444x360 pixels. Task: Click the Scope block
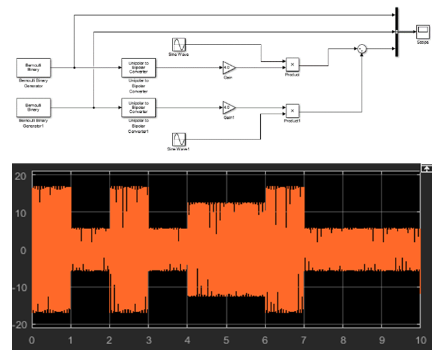click(422, 31)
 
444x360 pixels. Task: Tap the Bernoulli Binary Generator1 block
click(34, 106)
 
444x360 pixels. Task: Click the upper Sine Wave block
click(179, 44)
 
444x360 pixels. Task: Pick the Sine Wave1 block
click(179, 139)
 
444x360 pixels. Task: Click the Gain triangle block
click(228, 67)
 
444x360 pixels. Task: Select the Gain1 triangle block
click(228, 107)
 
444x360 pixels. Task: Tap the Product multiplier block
click(292, 64)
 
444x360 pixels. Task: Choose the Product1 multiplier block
click(292, 111)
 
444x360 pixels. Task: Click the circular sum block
click(361, 49)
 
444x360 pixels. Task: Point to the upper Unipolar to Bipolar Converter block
click(139, 67)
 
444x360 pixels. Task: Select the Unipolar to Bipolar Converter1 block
click(139, 106)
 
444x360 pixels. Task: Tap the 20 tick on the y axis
click(20, 177)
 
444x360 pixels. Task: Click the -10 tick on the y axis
click(18, 288)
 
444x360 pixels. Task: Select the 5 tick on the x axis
click(226, 341)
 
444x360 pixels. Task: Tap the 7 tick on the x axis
click(304, 341)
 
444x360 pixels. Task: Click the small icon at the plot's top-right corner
click(426, 169)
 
